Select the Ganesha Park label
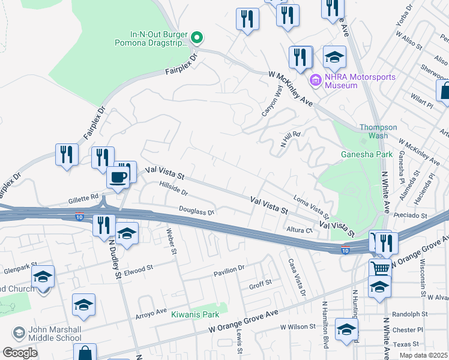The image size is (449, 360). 366,154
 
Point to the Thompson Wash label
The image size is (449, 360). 378,131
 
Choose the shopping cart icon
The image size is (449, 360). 379,268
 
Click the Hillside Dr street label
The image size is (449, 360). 173,190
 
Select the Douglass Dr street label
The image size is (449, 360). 196,211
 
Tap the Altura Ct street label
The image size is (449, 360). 300,229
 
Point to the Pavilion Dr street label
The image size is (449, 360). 230,271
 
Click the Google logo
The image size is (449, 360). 19,353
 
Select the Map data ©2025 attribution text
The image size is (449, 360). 423,355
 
